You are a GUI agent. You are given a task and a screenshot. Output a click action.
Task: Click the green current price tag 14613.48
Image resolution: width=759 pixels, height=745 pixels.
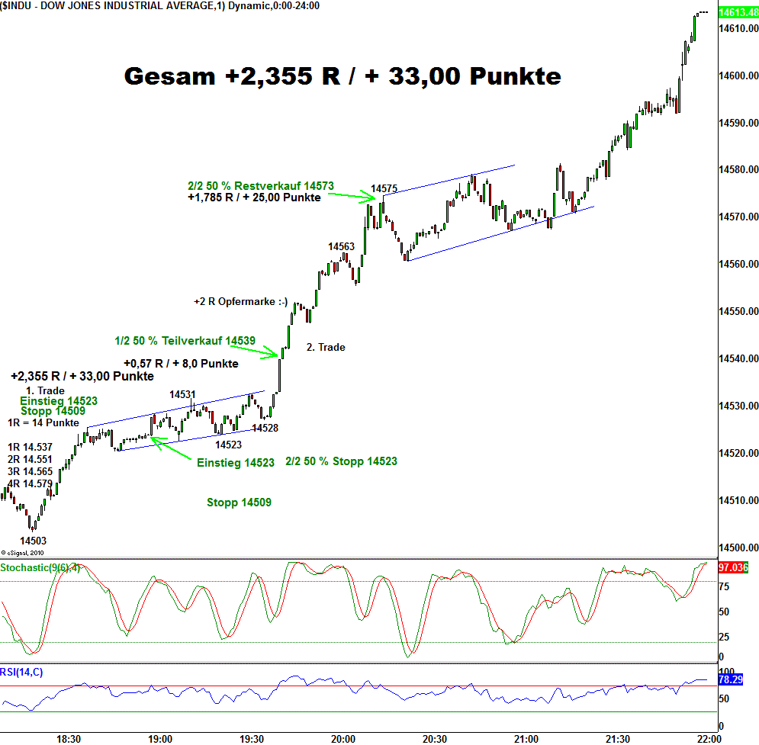[736, 12]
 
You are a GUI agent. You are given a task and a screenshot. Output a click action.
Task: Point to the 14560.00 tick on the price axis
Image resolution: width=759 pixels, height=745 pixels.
[737, 265]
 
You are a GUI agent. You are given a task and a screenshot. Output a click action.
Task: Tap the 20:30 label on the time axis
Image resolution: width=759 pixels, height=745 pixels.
[435, 739]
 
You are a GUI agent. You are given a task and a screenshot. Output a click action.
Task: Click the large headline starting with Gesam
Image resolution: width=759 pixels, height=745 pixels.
[343, 76]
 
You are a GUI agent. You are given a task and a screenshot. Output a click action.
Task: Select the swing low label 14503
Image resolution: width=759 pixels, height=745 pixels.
[34, 540]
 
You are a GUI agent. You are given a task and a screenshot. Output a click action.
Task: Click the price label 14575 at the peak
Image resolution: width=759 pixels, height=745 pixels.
[384, 188]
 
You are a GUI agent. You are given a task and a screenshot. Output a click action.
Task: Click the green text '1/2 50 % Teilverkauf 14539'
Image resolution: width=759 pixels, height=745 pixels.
[185, 341]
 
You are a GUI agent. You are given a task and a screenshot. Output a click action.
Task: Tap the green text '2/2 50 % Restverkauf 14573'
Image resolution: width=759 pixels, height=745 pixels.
[260, 185]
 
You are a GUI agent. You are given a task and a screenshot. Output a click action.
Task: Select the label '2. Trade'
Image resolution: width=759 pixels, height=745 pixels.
[326, 347]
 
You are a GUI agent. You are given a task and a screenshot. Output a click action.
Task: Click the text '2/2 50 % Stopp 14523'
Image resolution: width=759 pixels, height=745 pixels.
[341, 461]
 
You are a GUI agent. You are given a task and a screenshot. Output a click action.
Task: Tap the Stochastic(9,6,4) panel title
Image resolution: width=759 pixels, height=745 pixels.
[40, 568]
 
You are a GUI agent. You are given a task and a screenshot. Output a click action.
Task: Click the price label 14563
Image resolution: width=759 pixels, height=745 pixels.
[341, 246]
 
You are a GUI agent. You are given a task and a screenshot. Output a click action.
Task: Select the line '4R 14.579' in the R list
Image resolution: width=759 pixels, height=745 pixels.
[30, 483]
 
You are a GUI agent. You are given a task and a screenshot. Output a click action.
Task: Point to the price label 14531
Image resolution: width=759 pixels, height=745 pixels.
[182, 394]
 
